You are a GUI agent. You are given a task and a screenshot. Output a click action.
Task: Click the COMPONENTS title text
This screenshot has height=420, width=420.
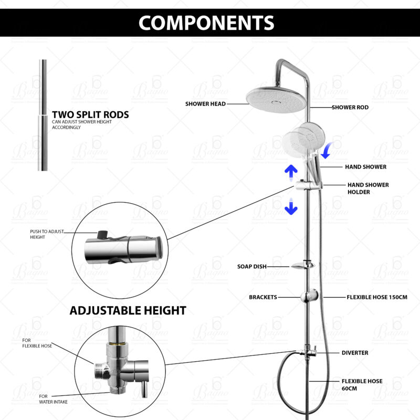tap(206, 23)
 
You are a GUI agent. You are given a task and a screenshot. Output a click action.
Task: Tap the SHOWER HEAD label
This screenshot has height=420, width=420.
tap(205, 104)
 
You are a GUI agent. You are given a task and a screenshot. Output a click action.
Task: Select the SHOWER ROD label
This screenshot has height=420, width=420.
tap(350, 107)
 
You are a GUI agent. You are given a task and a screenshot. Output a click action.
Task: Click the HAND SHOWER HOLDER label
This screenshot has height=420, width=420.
tap(367, 188)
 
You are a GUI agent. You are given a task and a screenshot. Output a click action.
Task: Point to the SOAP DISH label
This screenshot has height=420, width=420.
tap(251, 267)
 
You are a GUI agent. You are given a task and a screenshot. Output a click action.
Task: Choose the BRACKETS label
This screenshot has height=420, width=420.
tap(262, 297)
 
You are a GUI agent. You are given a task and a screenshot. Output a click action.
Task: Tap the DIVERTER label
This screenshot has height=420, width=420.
tap(355, 353)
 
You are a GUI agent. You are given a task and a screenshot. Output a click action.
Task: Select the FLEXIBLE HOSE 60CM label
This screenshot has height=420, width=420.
tap(362, 384)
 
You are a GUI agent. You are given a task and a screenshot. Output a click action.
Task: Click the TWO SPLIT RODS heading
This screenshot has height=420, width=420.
tap(90, 114)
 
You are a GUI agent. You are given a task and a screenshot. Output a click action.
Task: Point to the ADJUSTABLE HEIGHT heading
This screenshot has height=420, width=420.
tap(128, 311)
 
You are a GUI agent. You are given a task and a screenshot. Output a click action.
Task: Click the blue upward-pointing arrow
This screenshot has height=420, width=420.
tap(291, 170)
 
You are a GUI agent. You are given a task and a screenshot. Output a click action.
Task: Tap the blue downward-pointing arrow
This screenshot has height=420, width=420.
tap(291, 208)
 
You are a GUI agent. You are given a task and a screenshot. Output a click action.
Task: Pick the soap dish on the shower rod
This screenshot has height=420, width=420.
tap(303, 266)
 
